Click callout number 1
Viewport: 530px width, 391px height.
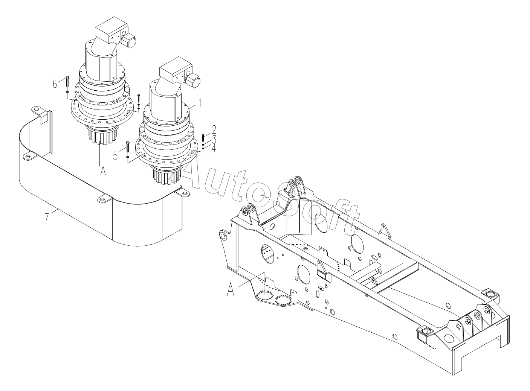200,102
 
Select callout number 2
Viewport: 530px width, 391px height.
214,130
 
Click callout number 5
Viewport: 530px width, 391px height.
116,155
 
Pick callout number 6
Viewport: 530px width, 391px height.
55,84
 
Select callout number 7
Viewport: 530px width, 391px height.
47,217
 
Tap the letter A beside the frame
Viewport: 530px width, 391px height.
232,290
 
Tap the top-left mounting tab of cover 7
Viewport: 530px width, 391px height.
37,110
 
